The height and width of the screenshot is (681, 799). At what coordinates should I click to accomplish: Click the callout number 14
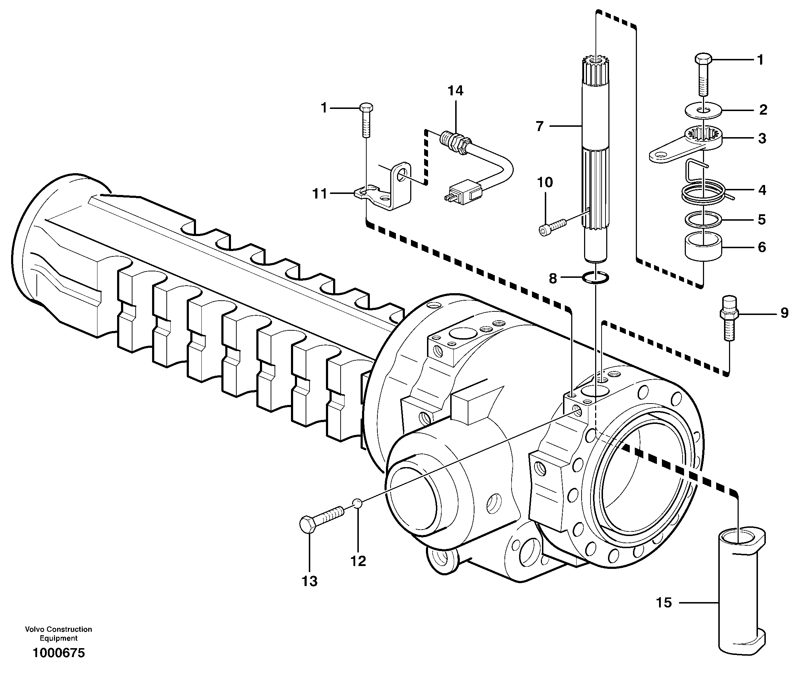tap(455, 91)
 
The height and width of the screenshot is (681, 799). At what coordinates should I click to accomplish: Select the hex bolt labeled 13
tap(321, 518)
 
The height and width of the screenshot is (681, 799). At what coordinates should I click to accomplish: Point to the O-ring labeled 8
tap(596, 277)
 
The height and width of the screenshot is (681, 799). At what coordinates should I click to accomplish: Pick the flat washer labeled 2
tap(704, 110)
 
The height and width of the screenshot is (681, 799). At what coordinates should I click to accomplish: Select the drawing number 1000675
tap(59, 653)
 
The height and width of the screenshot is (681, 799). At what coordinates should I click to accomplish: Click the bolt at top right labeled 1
tap(703, 75)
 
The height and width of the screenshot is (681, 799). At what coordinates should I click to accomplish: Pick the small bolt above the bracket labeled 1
tap(366, 120)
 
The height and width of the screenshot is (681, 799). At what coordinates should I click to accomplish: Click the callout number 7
tap(539, 126)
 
